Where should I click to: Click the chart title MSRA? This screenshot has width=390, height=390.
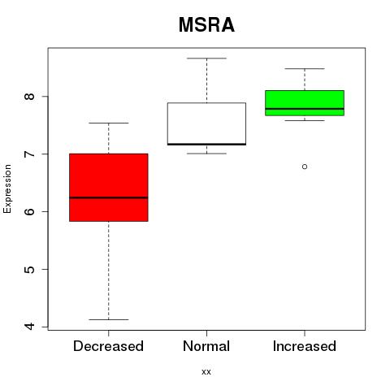coord(206,25)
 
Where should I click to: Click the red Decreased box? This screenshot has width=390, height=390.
coord(109,188)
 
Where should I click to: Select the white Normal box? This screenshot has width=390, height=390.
coord(206,123)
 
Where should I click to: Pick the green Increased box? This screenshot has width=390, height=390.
coord(305,103)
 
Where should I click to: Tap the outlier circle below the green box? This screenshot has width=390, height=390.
coord(305,167)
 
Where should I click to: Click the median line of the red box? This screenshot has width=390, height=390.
coord(109,197)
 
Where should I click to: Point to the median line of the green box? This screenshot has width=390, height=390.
coord(305,109)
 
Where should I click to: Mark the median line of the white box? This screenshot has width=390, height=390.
coord(206,144)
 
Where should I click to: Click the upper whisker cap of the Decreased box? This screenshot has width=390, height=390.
coord(109,123)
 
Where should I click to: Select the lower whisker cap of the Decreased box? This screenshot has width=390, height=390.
coord(109,319)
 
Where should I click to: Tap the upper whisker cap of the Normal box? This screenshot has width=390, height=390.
coord(206,58)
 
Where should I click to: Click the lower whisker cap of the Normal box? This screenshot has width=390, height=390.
coord(206,154)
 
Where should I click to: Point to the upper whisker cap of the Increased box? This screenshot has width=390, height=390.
coord(305,69)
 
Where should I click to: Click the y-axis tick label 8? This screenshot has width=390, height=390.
coord(29,97)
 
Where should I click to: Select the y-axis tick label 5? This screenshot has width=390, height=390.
coord(29,269)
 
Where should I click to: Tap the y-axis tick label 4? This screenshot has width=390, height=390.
coord(29,327)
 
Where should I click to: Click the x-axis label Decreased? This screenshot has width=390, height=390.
coord(108,346)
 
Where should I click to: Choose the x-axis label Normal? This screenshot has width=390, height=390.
coord(206,346)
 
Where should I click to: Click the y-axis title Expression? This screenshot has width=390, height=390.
coord(7,188)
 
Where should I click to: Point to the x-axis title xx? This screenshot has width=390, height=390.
coord(206,372)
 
